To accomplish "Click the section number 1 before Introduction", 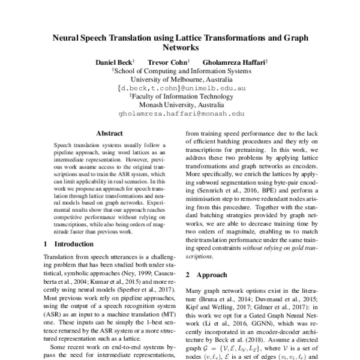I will (x=46, y=244).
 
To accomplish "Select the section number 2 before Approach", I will (x=188, y=275).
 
